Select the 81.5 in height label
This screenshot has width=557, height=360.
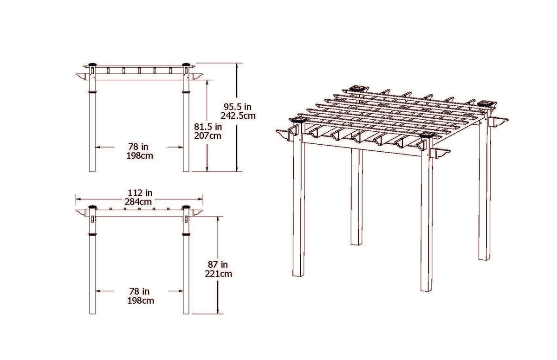point(207,126)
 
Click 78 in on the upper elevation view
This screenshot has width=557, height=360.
point(139,147)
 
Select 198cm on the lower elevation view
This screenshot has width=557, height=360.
point(140,301)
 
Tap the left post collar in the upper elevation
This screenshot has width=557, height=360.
point(92,92)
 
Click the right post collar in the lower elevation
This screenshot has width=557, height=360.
point(187,234)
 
